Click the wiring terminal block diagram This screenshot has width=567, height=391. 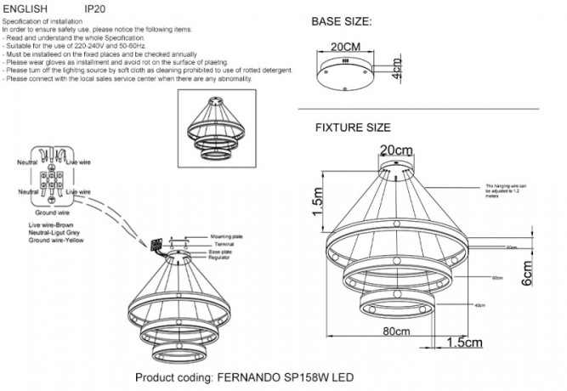(54, 179)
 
